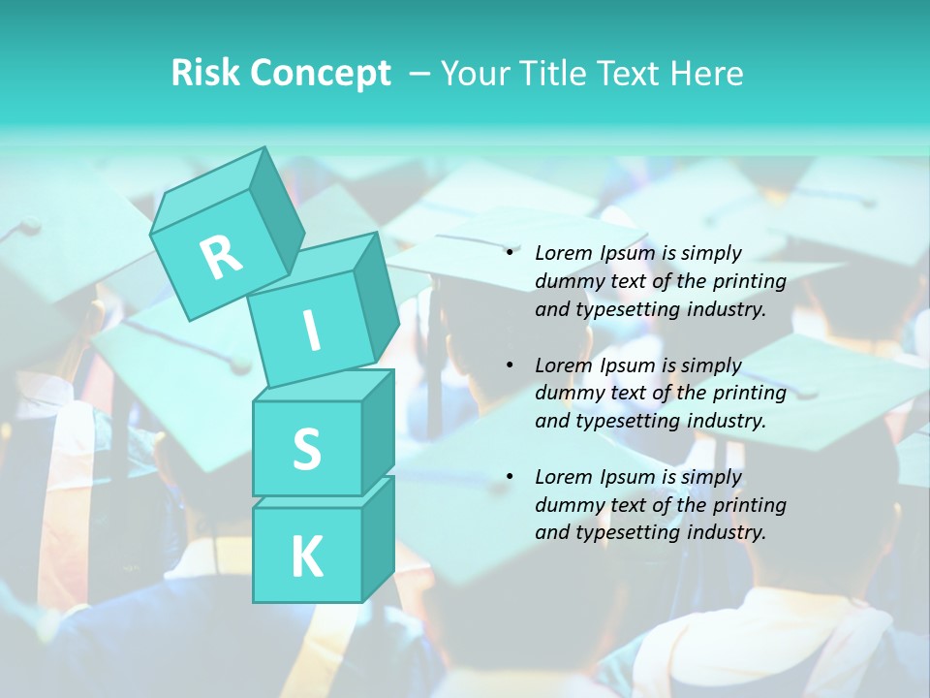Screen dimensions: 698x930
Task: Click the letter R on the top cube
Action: tap(221, 257)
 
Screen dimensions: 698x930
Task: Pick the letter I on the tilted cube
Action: tap(311, 331)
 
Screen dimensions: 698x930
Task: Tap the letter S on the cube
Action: tap(306, 450)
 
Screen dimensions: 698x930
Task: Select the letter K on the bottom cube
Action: tap(306, 556)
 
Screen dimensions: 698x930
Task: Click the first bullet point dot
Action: tap(510, 254)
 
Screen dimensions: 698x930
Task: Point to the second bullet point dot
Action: tap(510, 366)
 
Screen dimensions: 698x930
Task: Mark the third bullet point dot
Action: tap(510, 478)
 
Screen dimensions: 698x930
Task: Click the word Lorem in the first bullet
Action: tap(563, 254)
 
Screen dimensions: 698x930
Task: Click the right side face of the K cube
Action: tap(377, 538)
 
